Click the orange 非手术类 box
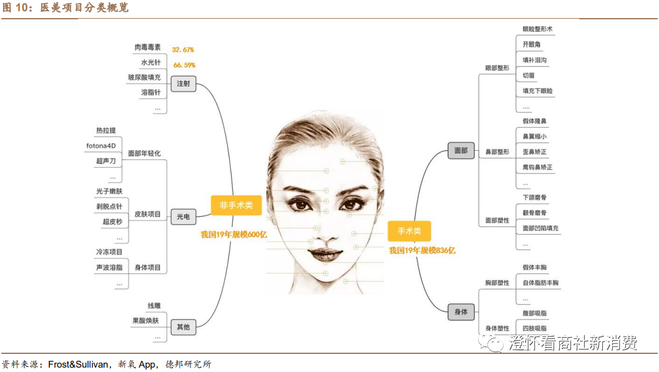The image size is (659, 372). point(236,205)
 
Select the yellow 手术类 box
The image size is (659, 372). point(409,231)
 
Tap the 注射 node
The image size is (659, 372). point(183,83)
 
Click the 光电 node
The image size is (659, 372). point(183,217)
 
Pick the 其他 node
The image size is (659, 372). point(183,327)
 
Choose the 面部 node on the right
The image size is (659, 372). point(461,150)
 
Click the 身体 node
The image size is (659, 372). point(461,312)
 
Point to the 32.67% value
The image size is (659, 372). point(183,49)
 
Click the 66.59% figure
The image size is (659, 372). point(184,65)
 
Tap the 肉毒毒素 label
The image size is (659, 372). point(147,47)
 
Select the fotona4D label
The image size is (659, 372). point(101,146)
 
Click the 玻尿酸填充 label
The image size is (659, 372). point(144,78)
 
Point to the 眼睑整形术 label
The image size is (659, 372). point(537,29)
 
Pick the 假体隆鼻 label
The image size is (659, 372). point(535,121)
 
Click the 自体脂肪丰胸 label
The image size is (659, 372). point(540,283)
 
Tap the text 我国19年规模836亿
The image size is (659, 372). point(422,250)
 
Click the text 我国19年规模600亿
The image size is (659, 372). point(233,235)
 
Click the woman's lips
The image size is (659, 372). point(325,254)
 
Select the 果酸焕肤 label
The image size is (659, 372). point(145,321)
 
